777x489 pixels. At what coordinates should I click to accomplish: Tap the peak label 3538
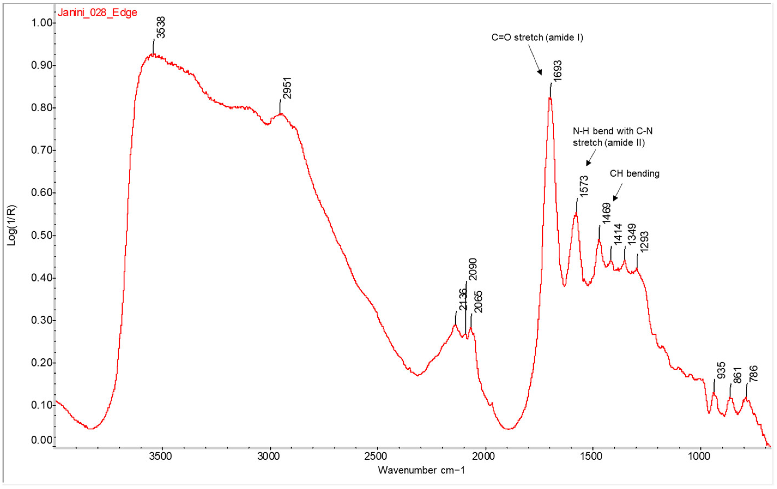point(160,28)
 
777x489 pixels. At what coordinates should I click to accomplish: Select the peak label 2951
point(286,88)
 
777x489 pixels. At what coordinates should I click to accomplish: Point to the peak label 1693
point(557,70)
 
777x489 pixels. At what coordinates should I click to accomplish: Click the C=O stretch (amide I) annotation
point(537,37)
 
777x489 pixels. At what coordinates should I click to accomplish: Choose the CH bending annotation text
point(634,173)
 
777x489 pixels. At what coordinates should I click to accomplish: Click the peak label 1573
point(583,186)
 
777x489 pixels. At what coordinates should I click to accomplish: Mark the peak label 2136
point(463,299)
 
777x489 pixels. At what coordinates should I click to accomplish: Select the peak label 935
point(721,370)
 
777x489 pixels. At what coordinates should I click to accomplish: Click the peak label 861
point(737,375)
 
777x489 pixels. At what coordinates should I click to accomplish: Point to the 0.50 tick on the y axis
point(42,235)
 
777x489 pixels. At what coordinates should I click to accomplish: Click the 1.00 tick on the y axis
point(42,23)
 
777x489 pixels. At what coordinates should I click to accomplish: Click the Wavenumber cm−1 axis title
point(421,470)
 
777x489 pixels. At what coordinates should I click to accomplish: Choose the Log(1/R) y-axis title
point(12,225)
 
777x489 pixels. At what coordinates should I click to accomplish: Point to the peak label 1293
point(644,242)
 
